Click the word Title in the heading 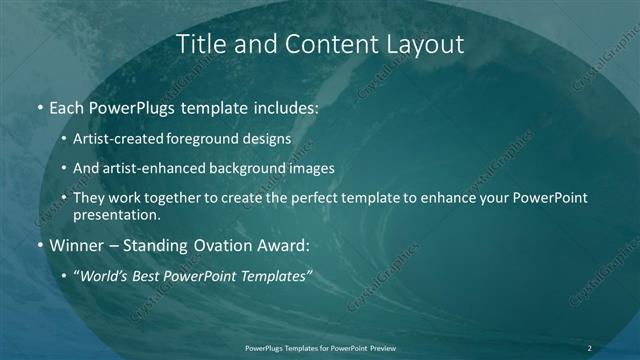tap(200, 44)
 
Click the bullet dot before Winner tap(39, 244)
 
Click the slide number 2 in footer tap(589, 347)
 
